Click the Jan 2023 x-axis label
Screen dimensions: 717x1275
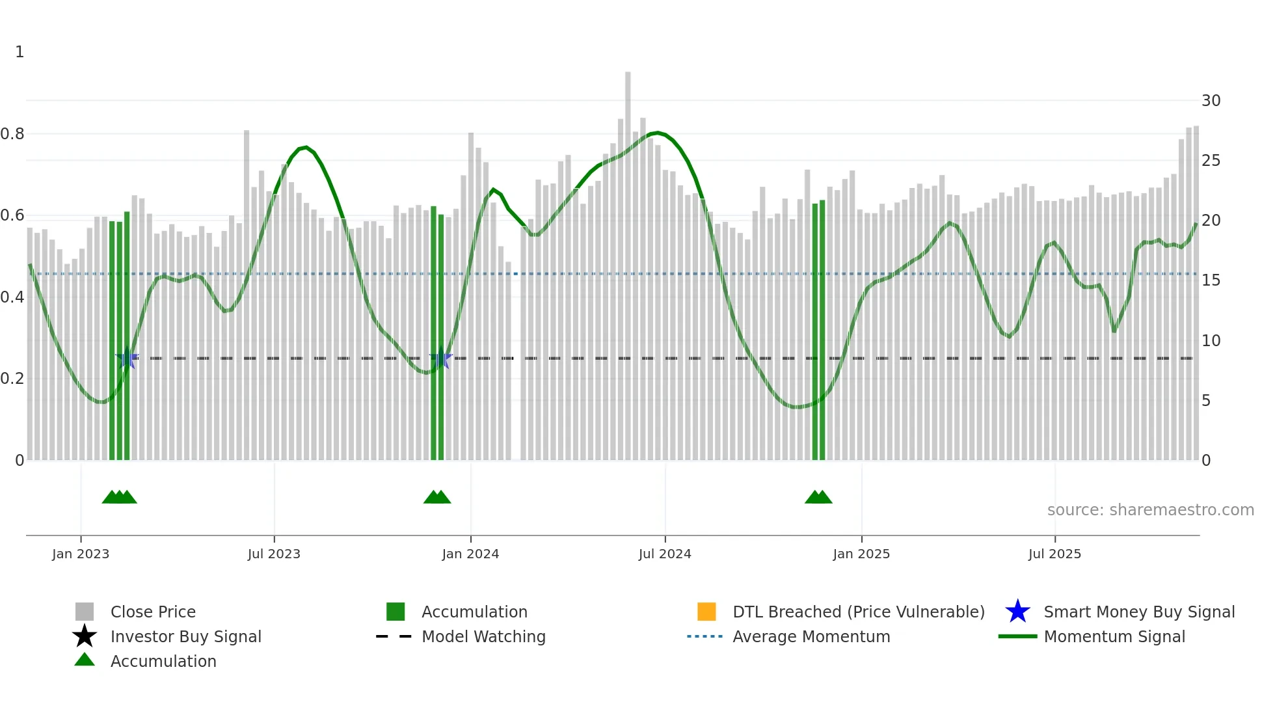(x=81, y=554)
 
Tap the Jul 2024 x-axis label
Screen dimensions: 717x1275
(x=665, y=554)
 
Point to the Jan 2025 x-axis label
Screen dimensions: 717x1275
(x=861, y=554)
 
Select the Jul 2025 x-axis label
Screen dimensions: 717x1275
(x=1054, y=554)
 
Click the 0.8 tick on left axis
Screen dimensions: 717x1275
(x=12, y=134)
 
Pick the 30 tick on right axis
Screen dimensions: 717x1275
(x=1211, y=101)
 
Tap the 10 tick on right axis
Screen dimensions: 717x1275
(x=1211, y=341)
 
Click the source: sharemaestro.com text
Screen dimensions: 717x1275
(x=1150, y=510)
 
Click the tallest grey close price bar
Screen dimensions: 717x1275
(x=628, y=260)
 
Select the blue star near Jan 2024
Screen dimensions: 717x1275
(x=440, y=358)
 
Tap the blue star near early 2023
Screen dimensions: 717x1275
(x=127, y=358)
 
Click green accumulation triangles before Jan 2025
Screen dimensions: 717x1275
(x=818, y=497)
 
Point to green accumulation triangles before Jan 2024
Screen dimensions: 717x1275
(x=437, y=497)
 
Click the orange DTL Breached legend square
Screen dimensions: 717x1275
(x=706, y=612)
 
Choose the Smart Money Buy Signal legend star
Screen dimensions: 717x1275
(x=1017, y=612)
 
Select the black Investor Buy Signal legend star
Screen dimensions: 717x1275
(x=85, y=636)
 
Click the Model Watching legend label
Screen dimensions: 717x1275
(x=483, y=636)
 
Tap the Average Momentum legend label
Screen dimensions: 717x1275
(x=811, y=636)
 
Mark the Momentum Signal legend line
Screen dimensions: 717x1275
(x=1017, y=636)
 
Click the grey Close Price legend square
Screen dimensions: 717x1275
(x=85, y=612)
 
